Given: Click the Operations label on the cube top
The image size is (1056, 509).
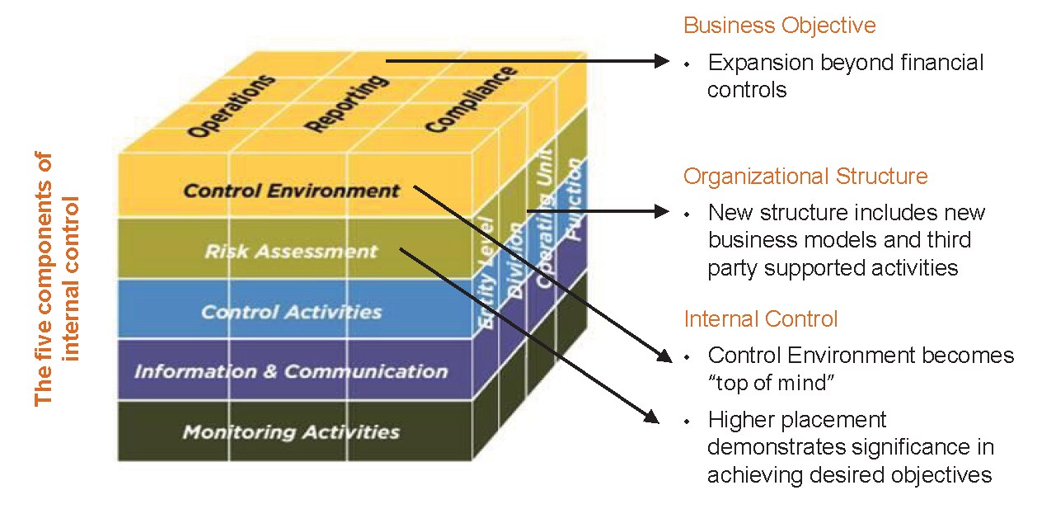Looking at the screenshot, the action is click(231, 106).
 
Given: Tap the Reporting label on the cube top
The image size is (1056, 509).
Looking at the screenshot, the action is click(347, 103).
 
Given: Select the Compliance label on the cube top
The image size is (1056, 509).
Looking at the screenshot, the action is click(472, 99).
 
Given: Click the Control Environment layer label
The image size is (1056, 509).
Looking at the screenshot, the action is click(291, 191).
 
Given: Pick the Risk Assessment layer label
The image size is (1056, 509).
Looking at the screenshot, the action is click(291, 251).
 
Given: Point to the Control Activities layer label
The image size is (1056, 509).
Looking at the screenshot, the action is click(291, 312).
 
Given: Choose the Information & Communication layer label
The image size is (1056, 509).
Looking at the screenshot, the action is click(291, 371).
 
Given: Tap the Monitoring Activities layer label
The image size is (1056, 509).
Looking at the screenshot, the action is click(291, 431).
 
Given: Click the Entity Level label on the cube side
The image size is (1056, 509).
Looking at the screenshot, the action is click(486, 273).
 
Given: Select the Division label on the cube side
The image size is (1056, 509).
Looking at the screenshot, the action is click(515, 260).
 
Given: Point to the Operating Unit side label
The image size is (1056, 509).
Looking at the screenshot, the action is click(545, 218).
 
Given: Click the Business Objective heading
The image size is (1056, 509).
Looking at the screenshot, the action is click(780, 26).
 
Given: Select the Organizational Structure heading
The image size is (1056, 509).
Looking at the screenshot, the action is click(805, 177).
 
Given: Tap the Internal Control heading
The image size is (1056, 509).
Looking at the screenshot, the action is click(761, 319).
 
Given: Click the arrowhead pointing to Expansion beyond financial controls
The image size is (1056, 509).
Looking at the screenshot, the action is click(662, 61).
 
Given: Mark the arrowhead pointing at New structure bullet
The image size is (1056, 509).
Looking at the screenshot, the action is click(662, 211).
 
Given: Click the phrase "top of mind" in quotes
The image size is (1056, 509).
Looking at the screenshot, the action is click(772, 383).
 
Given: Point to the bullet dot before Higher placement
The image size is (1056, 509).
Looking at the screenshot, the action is click(688, 422).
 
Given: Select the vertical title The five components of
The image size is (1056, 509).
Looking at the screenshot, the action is click(44, 279).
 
